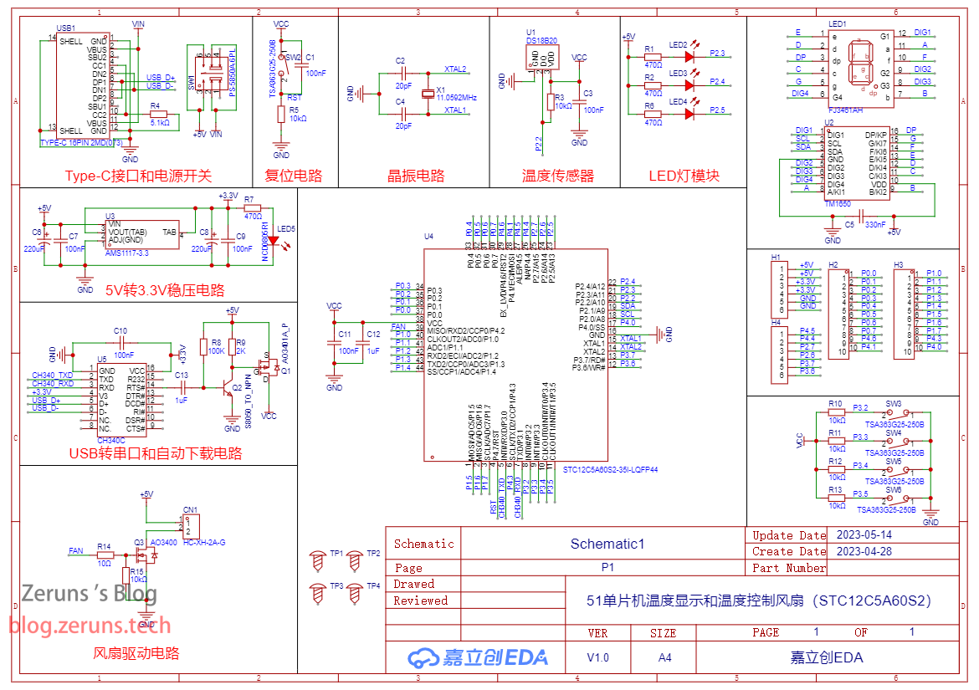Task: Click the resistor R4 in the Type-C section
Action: [x=158, y=114]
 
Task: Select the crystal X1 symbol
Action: [x=429, y=92]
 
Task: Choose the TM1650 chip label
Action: [x=838, y=203]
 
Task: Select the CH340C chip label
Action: [x=111, y=439]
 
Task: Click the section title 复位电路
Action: [x=294, y=176]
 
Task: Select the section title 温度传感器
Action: [x=557, y=176]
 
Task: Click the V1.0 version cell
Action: [x=597, y=657]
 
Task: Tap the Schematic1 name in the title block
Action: [x=607, y=544]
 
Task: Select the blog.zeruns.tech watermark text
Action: [x=90, y=625]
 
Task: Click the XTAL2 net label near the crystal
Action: [x=455, y=69]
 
